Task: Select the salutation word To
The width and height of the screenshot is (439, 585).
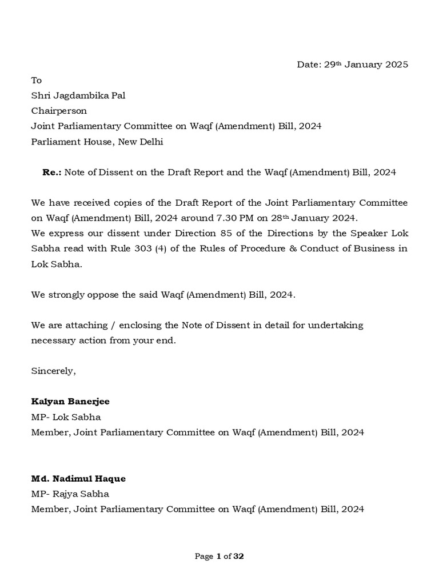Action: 36,80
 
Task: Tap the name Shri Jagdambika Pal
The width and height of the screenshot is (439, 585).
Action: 78,95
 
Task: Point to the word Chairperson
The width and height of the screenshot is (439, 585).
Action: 59,111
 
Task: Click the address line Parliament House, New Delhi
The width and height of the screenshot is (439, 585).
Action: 97,142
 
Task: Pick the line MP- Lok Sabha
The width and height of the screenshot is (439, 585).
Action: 66,417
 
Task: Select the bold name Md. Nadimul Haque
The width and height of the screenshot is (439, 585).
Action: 78,478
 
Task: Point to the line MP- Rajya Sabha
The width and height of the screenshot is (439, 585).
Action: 70,494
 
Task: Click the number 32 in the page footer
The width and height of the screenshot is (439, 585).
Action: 238,556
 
